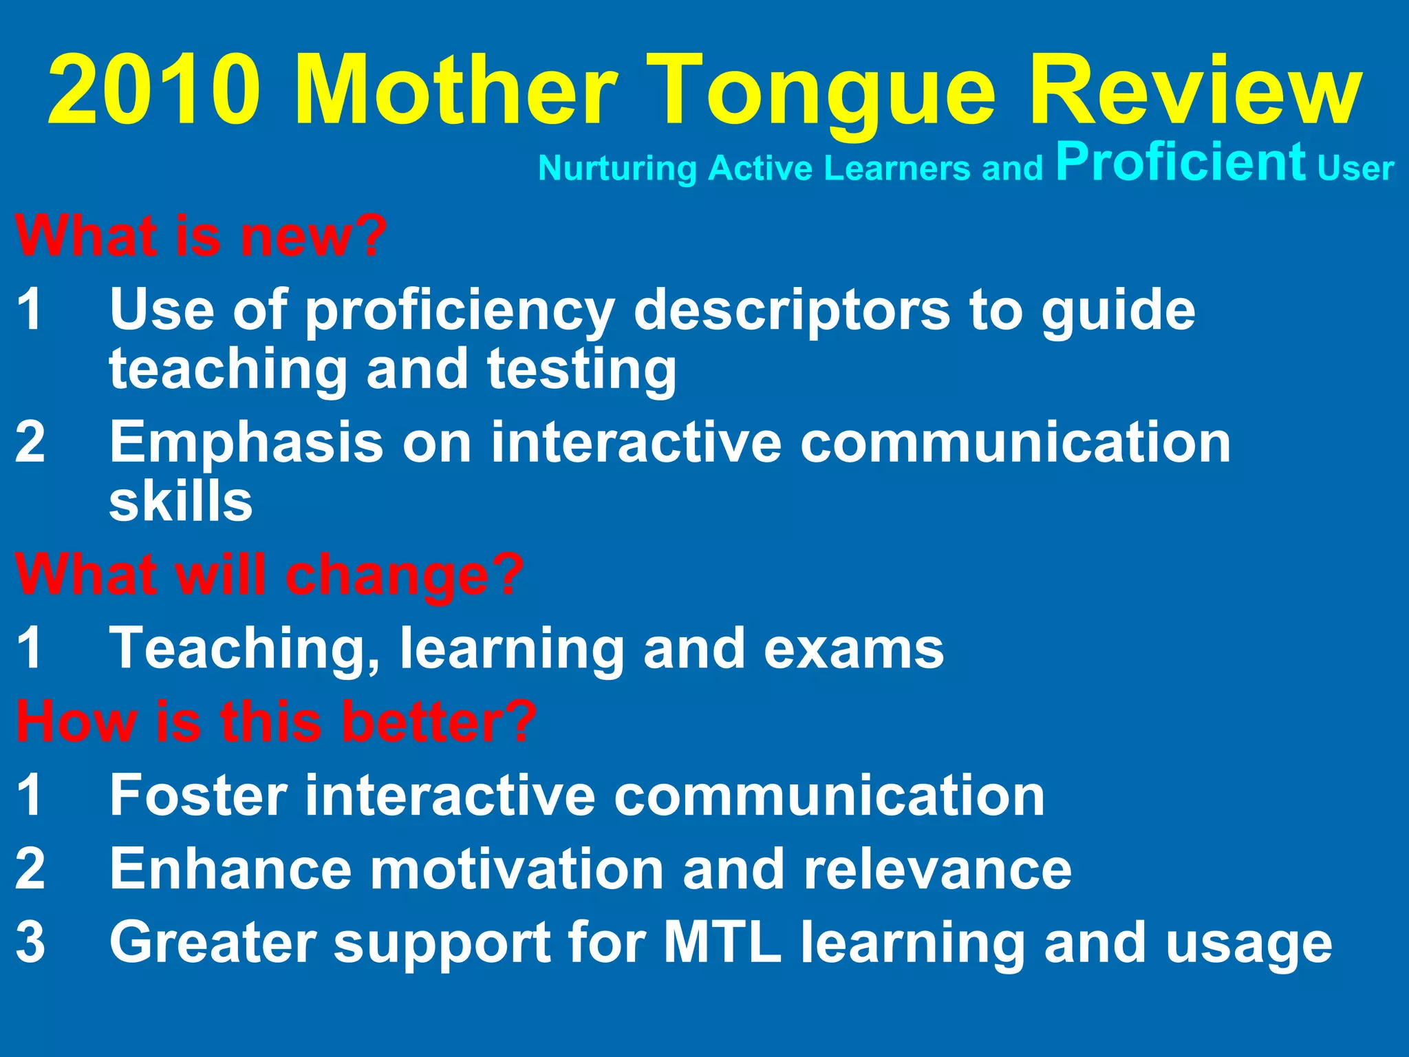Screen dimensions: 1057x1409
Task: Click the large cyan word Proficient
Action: click(x=1181, y=162)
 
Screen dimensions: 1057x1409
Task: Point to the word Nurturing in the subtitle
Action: click(x=617, y=169)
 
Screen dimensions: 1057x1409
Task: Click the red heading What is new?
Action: click(x=201, y=236)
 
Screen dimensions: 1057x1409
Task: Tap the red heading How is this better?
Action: click(x=276, y=721)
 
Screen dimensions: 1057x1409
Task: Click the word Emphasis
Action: click(x=246, y=442)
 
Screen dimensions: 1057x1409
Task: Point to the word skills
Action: click(x=181, y=501)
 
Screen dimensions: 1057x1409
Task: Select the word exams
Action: click(x=853, y=648)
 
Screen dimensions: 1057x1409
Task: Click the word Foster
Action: click(x=198, y=796)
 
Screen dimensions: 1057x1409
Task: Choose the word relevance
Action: click(x=937, y=869)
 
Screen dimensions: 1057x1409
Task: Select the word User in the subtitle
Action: click(x=1355, y=169)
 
